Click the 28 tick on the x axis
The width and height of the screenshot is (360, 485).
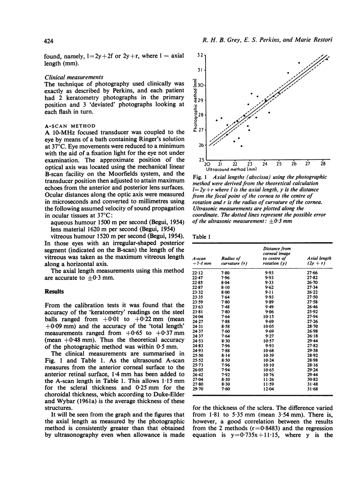tap(323, 163)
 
